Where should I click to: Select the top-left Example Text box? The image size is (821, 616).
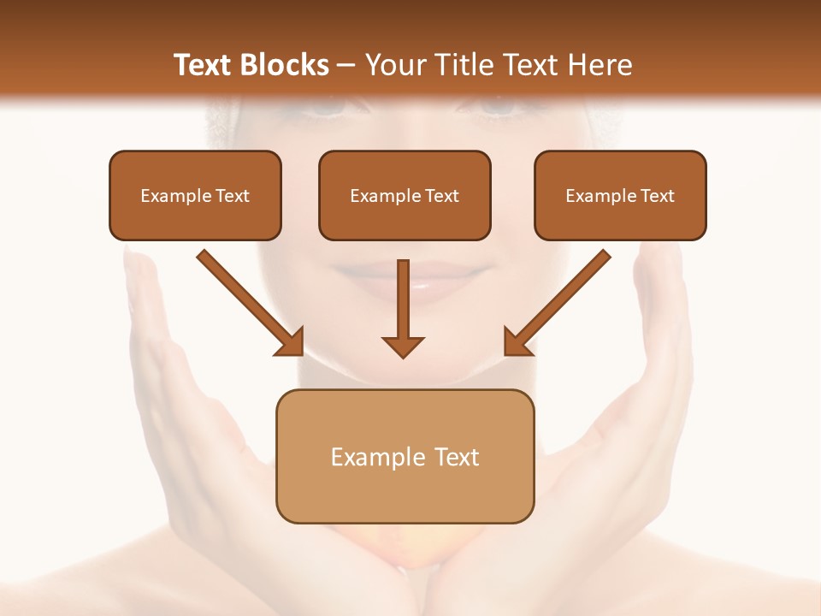pos(195,195)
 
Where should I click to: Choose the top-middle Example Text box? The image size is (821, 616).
pos(405,195)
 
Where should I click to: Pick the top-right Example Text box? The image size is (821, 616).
pos(620,195)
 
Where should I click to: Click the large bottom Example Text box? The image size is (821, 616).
pos(405,456)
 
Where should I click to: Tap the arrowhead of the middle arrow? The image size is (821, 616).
pos(404,346)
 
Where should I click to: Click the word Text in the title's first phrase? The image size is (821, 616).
pos(204,65)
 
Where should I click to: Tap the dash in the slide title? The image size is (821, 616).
pos(346,65)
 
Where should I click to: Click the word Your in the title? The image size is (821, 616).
pos(394,65)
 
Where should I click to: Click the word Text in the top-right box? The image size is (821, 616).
pos(657,196)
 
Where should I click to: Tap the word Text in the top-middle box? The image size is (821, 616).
pos(441,196)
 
